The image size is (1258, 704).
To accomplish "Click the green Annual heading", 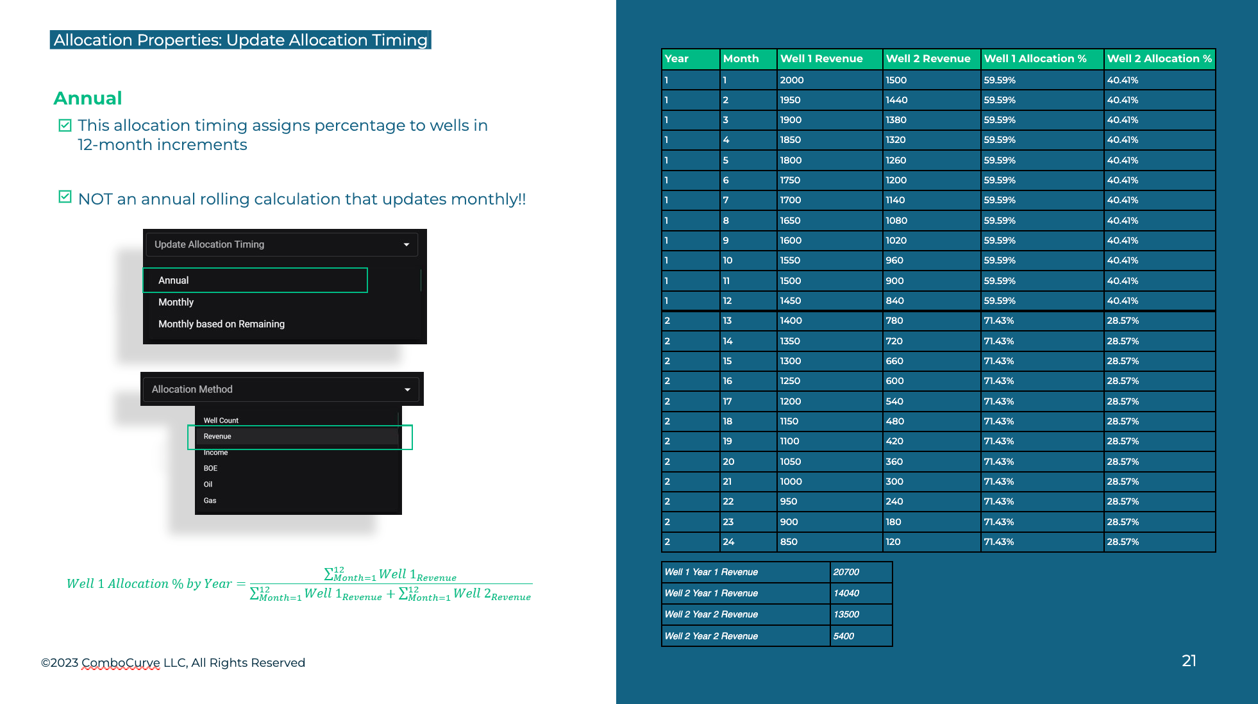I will click(x=88, y=98).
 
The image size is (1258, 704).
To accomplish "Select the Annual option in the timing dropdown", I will click(x=174, y=280).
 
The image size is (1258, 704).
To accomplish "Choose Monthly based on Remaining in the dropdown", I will click(x=221, y=324).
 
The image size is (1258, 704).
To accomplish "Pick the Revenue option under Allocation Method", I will click(x=217, y=437).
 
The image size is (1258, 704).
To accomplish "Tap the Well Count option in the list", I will click(x=221, y=421).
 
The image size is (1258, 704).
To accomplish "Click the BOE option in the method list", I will click(x=210, y=469).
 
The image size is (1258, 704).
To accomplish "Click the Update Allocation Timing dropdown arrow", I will click(x=407, y=244).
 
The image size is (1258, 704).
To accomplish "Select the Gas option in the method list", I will click(x=210, y=501).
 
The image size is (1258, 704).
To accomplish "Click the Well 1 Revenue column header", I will click(x=821, y=59).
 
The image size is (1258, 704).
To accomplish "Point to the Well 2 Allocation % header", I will click(x=1159, y=59).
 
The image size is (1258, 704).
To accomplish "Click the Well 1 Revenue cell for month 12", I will click(x=791, y=301).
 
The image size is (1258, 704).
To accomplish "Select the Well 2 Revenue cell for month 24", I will click(x=893, y=542).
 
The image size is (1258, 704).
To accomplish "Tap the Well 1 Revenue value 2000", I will click(x=792, y=80).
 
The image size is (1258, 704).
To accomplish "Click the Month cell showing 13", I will click(x=728, y=321).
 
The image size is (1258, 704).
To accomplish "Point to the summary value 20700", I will click(x=846, y=572).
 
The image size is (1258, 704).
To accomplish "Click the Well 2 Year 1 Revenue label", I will click(x=711, y=593).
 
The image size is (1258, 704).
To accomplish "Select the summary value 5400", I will click(x=844, y=636).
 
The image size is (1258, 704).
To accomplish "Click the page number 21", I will click(x=1189, y=661).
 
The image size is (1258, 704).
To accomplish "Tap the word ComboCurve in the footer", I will click(x=121, y=663).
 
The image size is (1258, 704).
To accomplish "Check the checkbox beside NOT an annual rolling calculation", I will click(x=65, y=197).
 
